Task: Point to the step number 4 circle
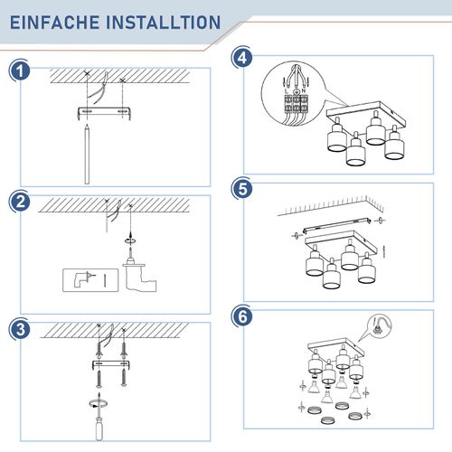(x=241, y=57)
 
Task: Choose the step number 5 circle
(x=241, y=189)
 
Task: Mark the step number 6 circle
(x=241, y=316)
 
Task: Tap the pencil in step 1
(x=87, y=155)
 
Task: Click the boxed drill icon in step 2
(x=83, y=279)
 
